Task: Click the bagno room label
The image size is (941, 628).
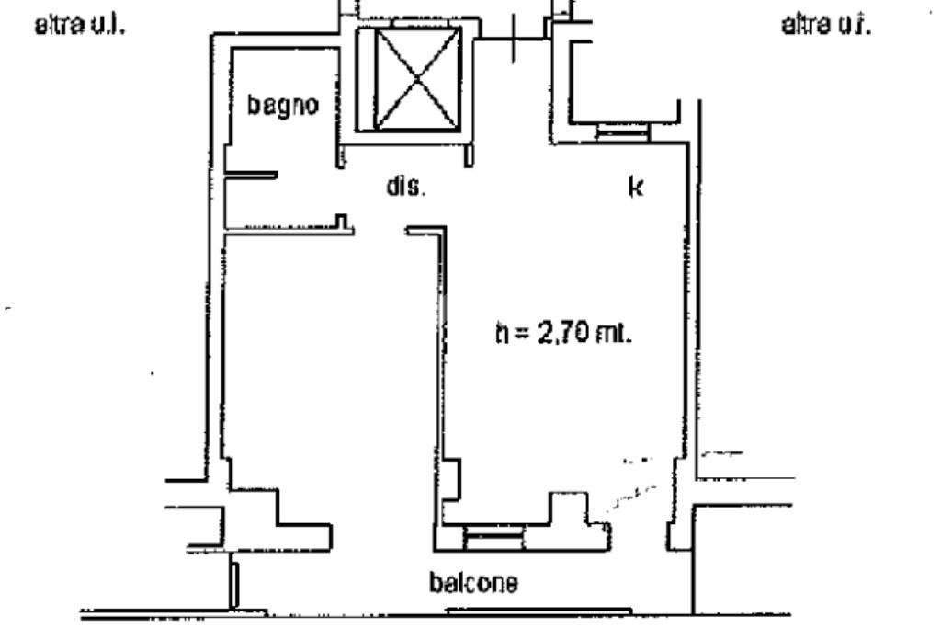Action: pos(283,105)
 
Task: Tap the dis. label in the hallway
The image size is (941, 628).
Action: pos(404,188)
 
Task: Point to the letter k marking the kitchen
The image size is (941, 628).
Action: pos(634,188)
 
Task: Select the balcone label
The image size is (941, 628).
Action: pos(473,583)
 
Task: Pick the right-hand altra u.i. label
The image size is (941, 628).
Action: pos(825,25)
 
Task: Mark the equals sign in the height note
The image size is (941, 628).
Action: pos(521,333)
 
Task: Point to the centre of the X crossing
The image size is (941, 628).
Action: pos(407,79)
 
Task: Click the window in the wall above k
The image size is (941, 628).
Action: pos(623,132)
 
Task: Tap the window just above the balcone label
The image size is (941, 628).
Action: pos(492,536)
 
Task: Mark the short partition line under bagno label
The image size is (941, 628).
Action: pos(250,175)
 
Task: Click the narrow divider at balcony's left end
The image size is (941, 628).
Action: pos(235,584)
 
